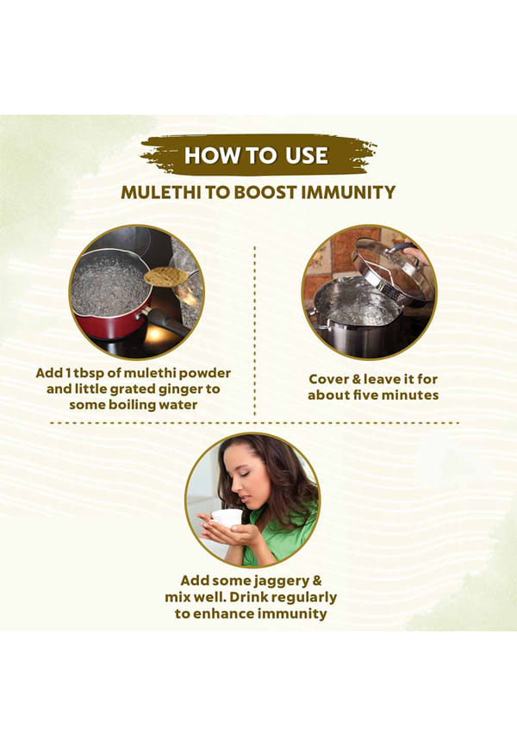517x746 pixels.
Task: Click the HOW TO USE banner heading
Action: [256, 156]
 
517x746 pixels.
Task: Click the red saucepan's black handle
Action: [165, 320]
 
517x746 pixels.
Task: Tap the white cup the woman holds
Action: [227, 518]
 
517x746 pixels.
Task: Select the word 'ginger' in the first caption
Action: [179, 389]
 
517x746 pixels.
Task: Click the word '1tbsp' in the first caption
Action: [78, 373]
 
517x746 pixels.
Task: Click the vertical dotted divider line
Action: [255, 331]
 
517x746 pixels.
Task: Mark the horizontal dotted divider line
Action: [254, 422]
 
